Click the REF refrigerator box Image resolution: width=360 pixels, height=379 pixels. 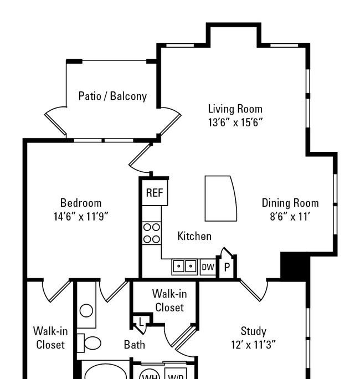tap(155, 193)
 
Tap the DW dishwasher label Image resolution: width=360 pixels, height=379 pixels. tap(208, 267)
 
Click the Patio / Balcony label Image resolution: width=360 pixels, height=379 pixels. tap(112, 96)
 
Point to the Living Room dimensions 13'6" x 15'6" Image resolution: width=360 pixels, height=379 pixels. tap(235, 122)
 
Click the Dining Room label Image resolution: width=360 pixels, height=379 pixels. tap(290, 203)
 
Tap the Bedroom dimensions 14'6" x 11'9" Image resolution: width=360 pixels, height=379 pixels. tap(81, 216)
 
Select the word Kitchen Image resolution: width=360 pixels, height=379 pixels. tap(194, 236)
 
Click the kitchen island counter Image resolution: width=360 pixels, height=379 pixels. tap(220, 198)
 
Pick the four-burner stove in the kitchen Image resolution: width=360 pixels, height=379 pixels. tap(152, 233)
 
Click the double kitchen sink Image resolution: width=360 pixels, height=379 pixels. tap(184, 267)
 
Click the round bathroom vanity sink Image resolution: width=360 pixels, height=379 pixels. tap(86, 311)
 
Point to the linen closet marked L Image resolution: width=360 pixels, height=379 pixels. tap(141, 322)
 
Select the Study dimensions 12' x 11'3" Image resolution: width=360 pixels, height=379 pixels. tap(253, 345)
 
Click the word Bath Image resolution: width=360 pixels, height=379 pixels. tap(135, 345)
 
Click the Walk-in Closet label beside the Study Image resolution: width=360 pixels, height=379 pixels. tap(169, 301)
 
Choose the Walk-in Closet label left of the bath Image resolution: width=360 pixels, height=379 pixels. tap(50, 338)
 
